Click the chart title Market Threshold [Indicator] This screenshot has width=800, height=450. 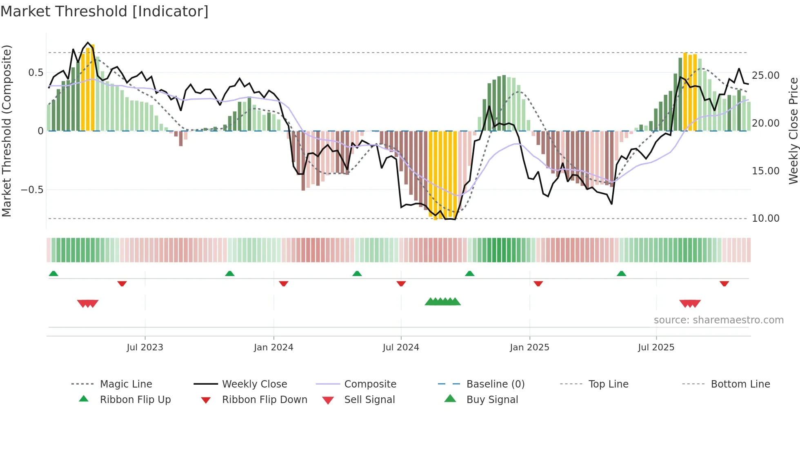104,11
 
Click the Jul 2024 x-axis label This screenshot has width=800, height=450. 401,348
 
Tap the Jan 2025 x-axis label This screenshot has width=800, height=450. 529,348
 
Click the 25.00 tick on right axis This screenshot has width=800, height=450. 765,76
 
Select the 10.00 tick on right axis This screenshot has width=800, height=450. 765,218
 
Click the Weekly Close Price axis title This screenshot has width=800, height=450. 793,131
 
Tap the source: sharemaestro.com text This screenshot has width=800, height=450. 718,320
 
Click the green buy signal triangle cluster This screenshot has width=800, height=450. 442,302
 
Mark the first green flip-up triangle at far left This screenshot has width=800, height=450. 53,274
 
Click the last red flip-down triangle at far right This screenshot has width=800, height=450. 724,283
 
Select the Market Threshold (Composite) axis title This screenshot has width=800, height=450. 7,131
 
